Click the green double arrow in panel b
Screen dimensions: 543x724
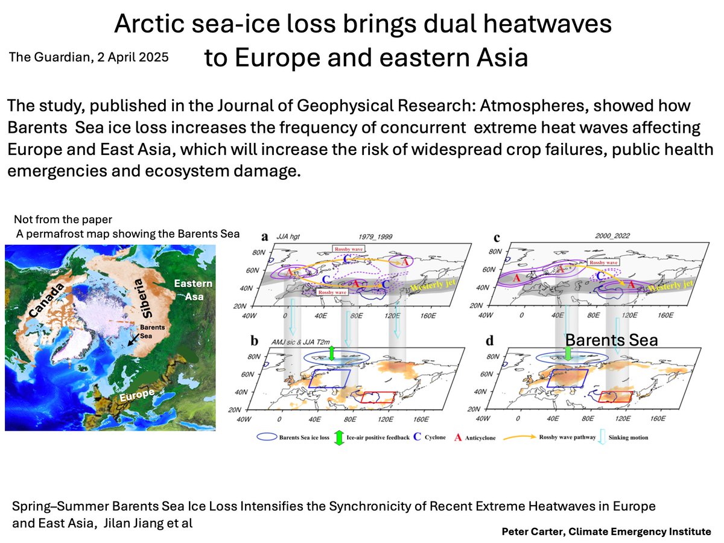coord(331,354)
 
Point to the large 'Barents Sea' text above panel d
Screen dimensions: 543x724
coord(611,340)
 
